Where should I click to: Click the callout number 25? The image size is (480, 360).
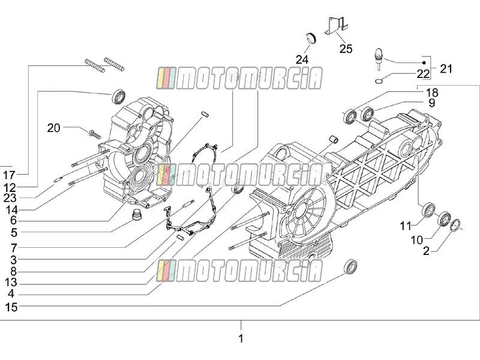346,49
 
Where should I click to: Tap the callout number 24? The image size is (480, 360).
302,59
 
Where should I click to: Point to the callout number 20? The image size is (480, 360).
53,128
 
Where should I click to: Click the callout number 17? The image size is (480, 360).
9,175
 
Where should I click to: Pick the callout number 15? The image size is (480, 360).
11,307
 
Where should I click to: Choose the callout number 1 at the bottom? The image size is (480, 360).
241,338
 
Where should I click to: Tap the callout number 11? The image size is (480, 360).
406,226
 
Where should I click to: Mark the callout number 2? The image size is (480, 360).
426,251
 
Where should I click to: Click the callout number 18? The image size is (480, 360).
431,92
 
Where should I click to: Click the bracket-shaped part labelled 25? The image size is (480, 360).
336,25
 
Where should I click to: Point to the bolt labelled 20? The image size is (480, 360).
94,134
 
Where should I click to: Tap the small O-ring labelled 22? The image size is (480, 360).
379,81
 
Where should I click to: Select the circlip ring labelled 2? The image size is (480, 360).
456,226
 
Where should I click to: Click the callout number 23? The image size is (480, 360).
10,198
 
